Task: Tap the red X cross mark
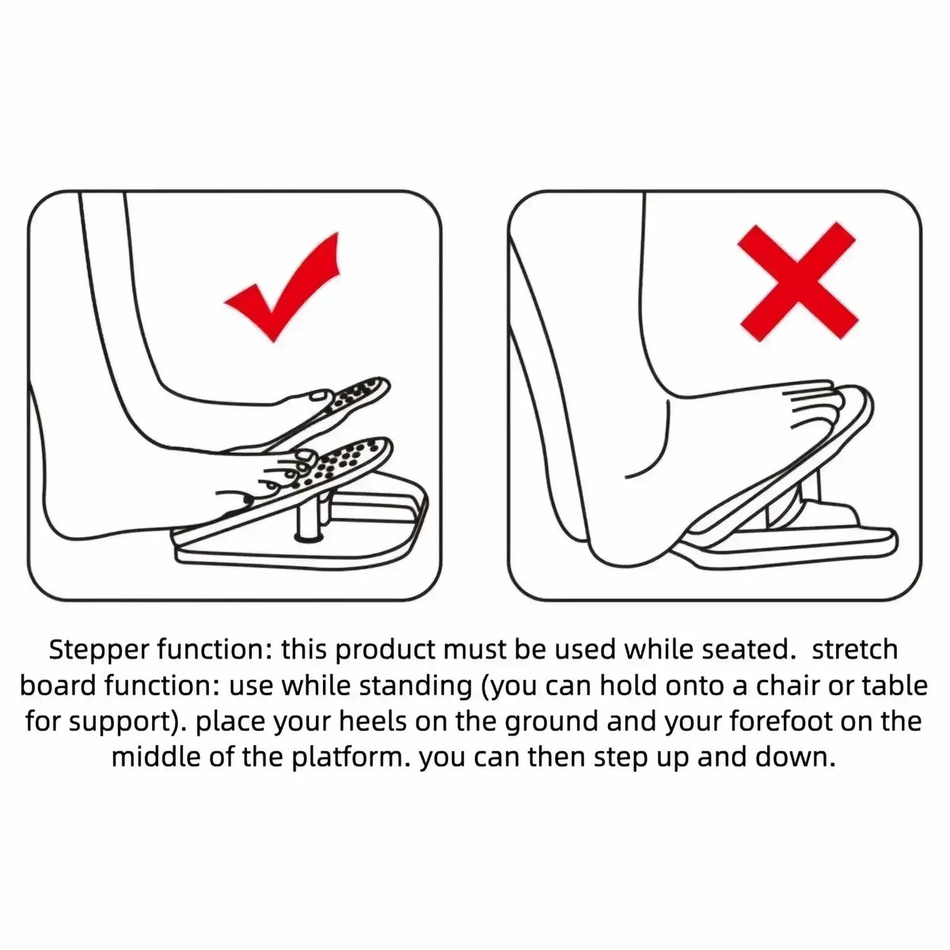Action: click(797, 281)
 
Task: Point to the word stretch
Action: click(854, 650)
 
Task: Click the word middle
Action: click(156, 757)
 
